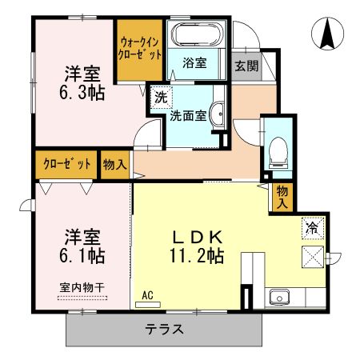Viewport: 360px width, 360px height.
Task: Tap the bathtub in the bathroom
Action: point(198,37)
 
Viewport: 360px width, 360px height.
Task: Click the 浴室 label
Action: point(195,62)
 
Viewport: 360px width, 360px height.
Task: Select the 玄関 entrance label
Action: point(246,66)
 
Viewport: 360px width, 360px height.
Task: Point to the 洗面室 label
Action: point(188,114)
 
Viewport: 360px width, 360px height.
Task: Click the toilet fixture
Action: point(278,148)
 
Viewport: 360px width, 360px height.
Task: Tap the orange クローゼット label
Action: point(63,164)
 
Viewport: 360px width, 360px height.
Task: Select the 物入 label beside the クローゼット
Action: point(115,165)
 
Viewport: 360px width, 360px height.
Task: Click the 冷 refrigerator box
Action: point(312,227)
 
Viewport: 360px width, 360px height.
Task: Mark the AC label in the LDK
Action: point(147,295)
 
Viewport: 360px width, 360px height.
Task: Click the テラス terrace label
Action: point(164,329)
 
